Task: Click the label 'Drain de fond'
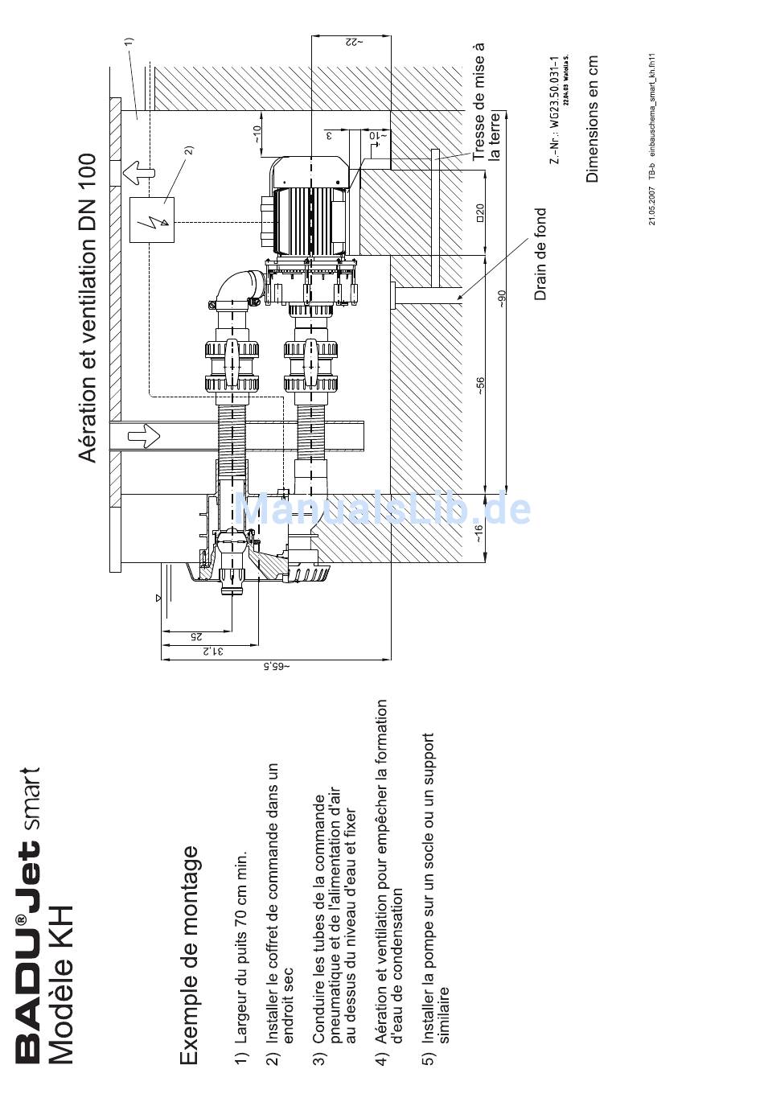(540, 254)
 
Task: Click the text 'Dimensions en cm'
(593, 119)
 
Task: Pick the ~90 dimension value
(502, 298)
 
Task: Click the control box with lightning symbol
(152, 219)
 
